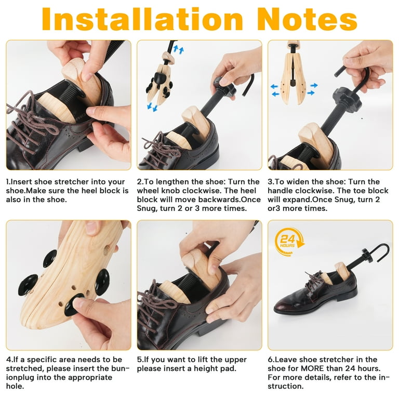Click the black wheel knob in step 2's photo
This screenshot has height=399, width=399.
(224, 86)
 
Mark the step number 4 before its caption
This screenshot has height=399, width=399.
(9, 360)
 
